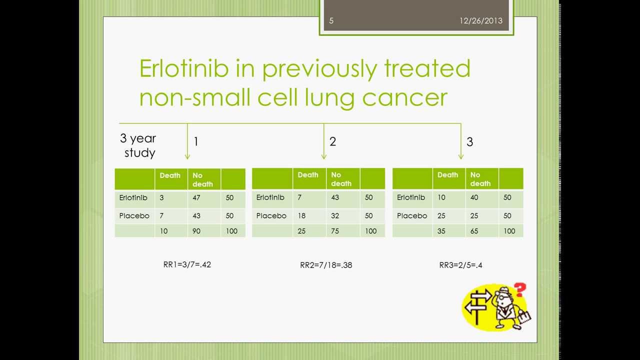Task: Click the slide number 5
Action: tap(331, 21)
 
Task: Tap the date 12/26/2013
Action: tap(481, 21)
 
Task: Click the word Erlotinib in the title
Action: tap(184, 68)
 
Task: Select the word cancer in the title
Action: tap(404, 97)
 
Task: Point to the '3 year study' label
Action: tap(138, 145)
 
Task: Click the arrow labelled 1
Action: tap(187, 141)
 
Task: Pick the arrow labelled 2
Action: tap(323, 141)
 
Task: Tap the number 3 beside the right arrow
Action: tap(469, 142)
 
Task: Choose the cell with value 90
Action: tap(204, 231)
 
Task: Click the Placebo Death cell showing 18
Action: tap(309, 216)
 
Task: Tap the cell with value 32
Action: tap(343, 216)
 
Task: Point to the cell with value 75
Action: tap(343, 231)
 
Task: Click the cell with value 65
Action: tap(482, 231)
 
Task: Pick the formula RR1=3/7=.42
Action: tap(187, 264)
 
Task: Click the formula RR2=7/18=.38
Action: tap(326, 265)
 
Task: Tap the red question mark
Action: tap(519, 289)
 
